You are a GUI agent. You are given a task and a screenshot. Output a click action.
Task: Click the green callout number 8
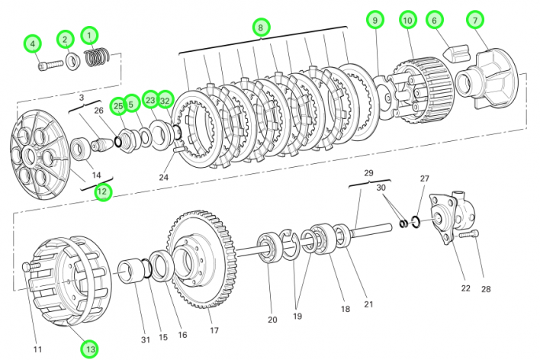(261, 27)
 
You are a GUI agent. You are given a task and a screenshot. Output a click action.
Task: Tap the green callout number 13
(91, 349)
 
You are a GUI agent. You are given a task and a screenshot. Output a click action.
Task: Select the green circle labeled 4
(32, 44)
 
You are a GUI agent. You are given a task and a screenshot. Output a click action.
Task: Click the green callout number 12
(102, 191)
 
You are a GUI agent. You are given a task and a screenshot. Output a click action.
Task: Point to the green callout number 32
(166, 100)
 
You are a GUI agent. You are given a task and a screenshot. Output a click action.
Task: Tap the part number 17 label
(214, 330)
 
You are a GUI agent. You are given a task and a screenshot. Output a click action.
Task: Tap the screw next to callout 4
(44, 66)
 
